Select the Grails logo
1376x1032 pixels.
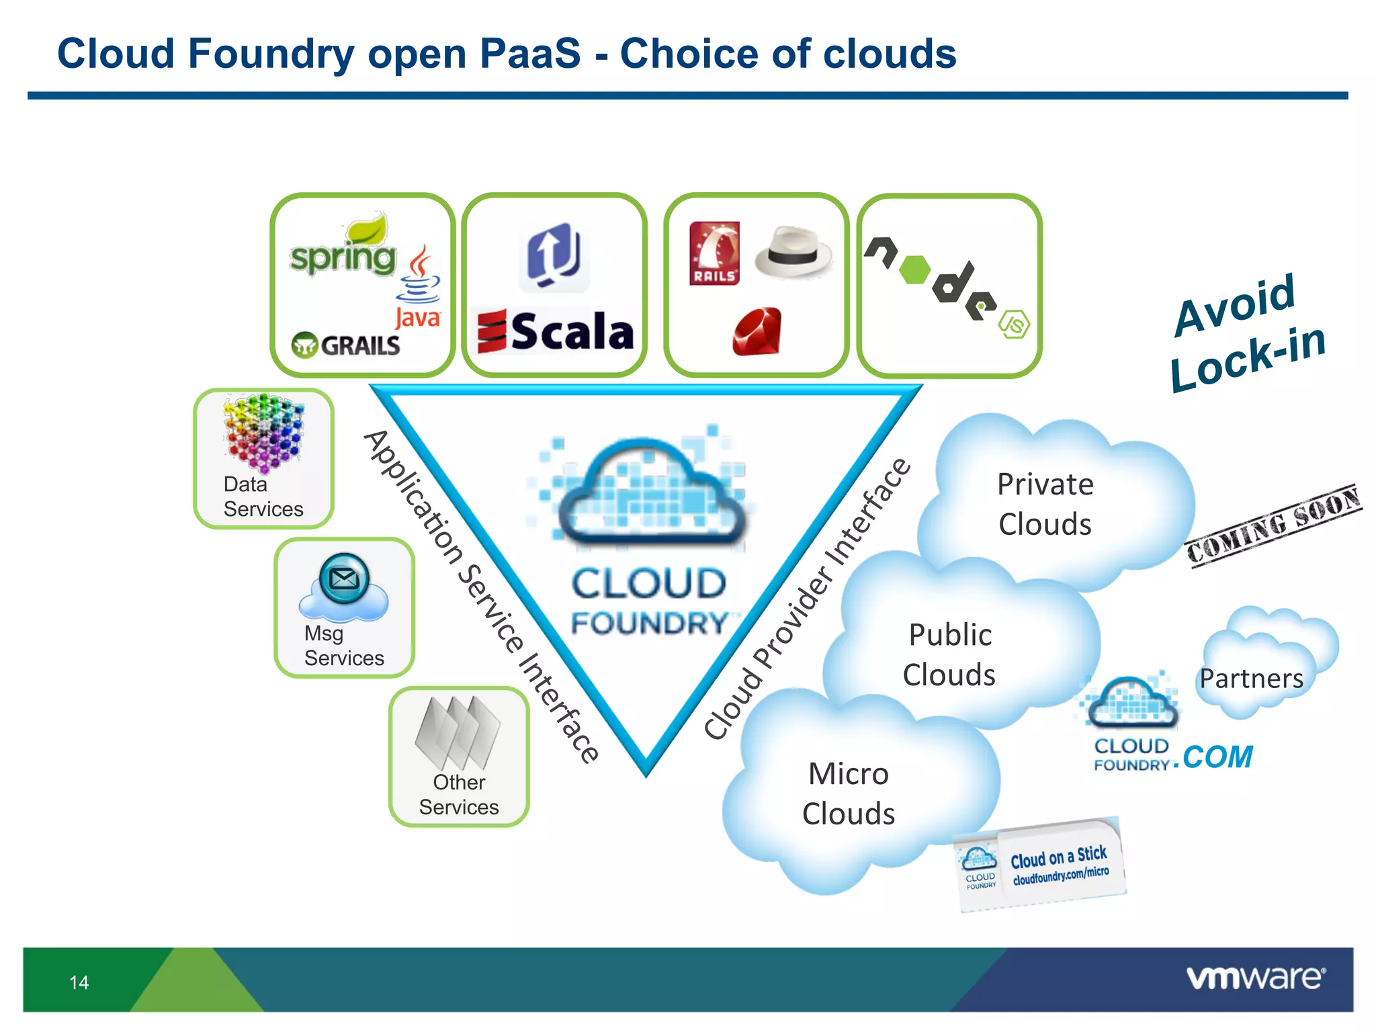coord(346,345)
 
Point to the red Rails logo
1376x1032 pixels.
coord(714,253)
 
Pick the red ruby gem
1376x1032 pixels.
coord(757,331)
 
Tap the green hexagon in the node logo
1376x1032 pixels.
coord(914,269)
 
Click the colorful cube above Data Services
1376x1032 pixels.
coord(263,432)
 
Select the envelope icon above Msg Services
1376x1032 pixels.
coord(344,578)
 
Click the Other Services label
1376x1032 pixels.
coord(459,795)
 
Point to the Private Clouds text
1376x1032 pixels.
coord(1045,504)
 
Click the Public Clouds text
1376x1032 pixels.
coord(949,654)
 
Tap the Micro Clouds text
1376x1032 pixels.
coord(849,793)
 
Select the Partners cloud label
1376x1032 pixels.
coord(1251,679)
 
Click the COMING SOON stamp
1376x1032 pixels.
coord(1273,526)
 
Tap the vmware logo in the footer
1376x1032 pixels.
coord(1255,978)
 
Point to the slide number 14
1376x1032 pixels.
coord(79,982)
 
